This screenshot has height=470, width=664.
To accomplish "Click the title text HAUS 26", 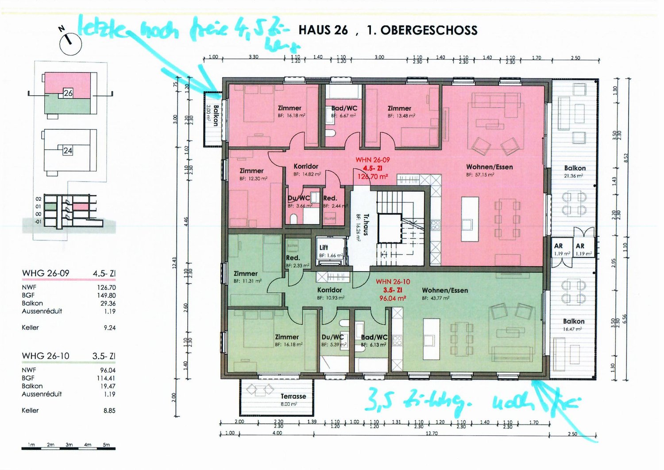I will (x=323, y=30).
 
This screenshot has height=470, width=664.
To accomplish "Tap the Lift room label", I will (x=324, y=248).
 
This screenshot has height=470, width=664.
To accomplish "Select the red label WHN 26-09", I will (x=373, y=160).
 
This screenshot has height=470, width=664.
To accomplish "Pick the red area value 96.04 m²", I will (x=393, y=298).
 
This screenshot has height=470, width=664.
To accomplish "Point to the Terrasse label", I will (x=293, y=396).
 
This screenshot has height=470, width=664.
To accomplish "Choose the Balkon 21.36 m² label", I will (x=575, y=168).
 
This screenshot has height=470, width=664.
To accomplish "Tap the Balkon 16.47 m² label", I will (x=574, y=322).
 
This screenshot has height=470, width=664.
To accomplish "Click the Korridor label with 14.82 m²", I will (x=306, y=167).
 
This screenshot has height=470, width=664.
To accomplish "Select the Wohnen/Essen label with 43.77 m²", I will (x=444, y=291).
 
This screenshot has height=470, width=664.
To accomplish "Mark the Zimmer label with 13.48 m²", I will (x=399, y=109).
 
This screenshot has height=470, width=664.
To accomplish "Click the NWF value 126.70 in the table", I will (x=106, y=287).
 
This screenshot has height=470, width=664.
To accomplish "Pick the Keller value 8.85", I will (x=109, y=411).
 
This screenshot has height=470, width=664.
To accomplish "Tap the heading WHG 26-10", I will (x=46, y=356).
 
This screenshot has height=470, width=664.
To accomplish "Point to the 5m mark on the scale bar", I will (x=106, y=444).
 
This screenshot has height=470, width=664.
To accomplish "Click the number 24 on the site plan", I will (x=68, y=151).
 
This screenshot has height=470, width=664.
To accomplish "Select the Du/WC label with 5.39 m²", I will (x=332, y=337).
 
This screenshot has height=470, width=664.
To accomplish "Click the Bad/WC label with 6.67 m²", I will (x=344, y=109).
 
